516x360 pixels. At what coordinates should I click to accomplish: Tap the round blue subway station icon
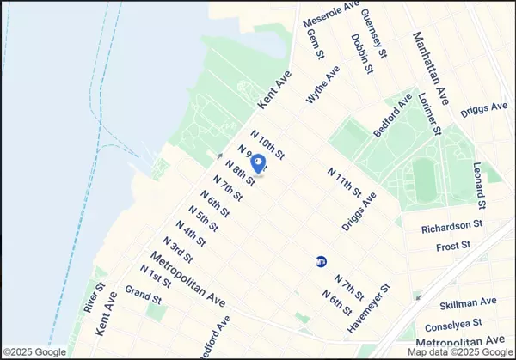[322, 261]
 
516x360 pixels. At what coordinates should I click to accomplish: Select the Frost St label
[454, 246]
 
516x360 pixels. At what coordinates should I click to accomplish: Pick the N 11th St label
[345, 183]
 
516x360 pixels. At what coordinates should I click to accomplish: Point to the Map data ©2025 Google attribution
[457, 351]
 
